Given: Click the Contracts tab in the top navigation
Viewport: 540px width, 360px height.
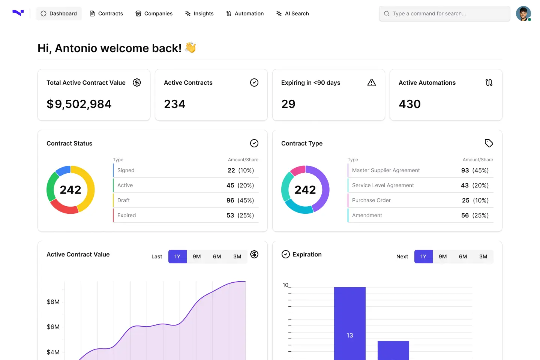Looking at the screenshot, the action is (106, 13).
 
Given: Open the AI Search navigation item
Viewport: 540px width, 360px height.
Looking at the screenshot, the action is (292, 13).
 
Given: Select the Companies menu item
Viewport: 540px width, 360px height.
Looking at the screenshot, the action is (154, 13).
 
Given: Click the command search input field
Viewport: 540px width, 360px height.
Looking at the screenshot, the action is (444, 13).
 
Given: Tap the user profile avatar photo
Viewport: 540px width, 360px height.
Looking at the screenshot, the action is (523, 13).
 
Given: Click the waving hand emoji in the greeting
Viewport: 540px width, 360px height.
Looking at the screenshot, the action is (190, 47).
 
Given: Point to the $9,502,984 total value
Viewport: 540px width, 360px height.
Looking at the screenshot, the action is (79, 104).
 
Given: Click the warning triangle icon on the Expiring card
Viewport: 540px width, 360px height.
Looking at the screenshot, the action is (372, 82).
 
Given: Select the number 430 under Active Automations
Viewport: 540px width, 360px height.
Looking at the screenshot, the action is (409, 104).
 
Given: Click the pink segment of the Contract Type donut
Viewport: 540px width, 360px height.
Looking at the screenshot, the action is (298, 170).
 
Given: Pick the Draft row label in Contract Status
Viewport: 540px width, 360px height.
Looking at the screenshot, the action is (123, 200).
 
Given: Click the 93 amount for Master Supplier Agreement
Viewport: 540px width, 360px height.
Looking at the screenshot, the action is (465, 170).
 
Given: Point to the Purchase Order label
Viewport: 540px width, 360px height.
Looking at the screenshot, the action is (371, 200).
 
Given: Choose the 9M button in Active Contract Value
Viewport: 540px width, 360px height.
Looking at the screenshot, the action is (197, 256).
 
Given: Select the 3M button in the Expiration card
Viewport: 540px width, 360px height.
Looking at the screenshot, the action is (483, 256).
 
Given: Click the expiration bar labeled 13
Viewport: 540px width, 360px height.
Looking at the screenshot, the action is (350, 323).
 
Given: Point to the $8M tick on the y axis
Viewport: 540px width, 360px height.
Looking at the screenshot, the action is (53, 301).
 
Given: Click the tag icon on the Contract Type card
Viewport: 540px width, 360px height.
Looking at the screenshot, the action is (489, 143).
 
